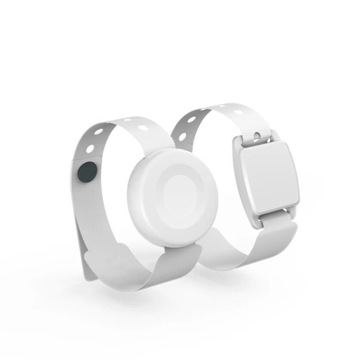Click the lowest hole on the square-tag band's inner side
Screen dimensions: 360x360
tap(182, 136)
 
